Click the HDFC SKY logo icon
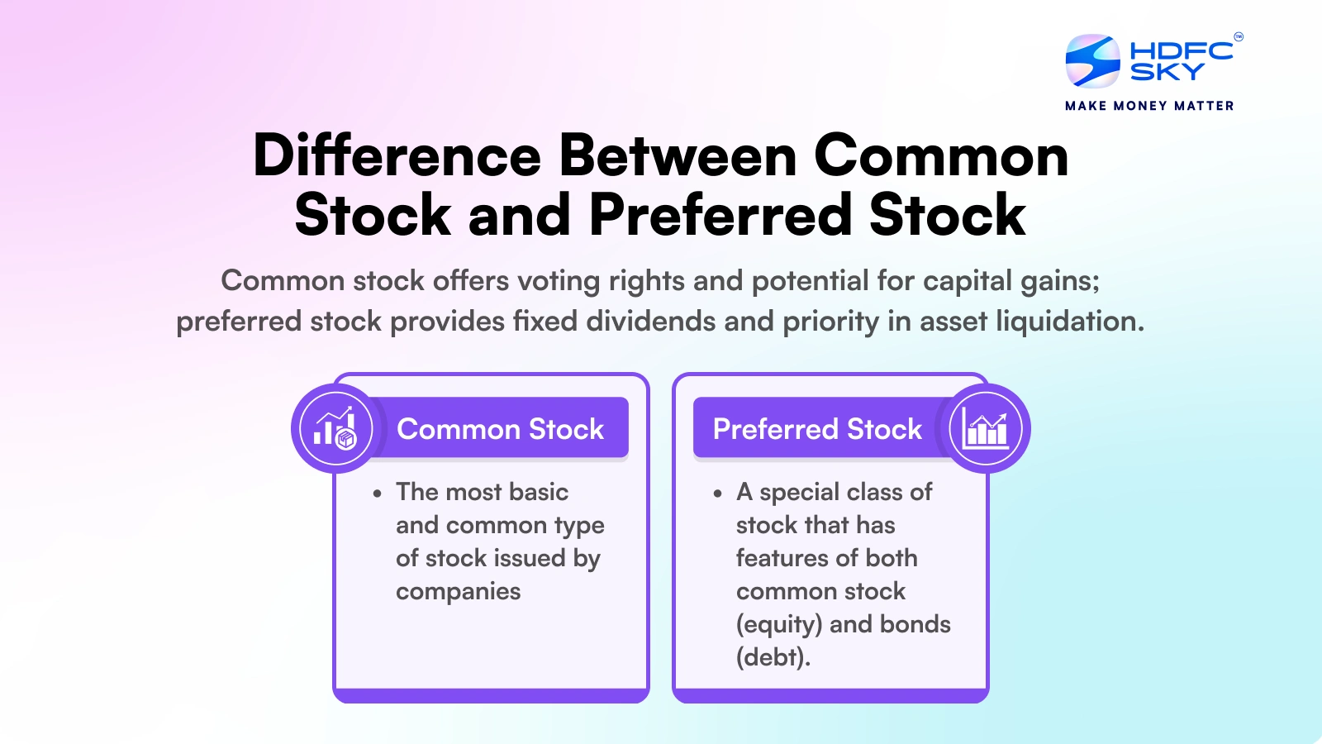pos(1092,60)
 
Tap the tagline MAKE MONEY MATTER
pos(1149,106)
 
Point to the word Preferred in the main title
pos(720,215)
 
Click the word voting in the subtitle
pos(559,281)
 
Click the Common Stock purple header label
pos(501,429)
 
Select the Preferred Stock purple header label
pos(817,429)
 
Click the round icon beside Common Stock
pos(335,429)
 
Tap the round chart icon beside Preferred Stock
pos(986,429)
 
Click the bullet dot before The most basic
pos(378,494)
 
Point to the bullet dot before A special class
pos(717,494)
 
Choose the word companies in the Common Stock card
pos(458,592)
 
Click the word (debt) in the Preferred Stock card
pos(773,657)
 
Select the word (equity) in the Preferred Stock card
pos(778,625)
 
